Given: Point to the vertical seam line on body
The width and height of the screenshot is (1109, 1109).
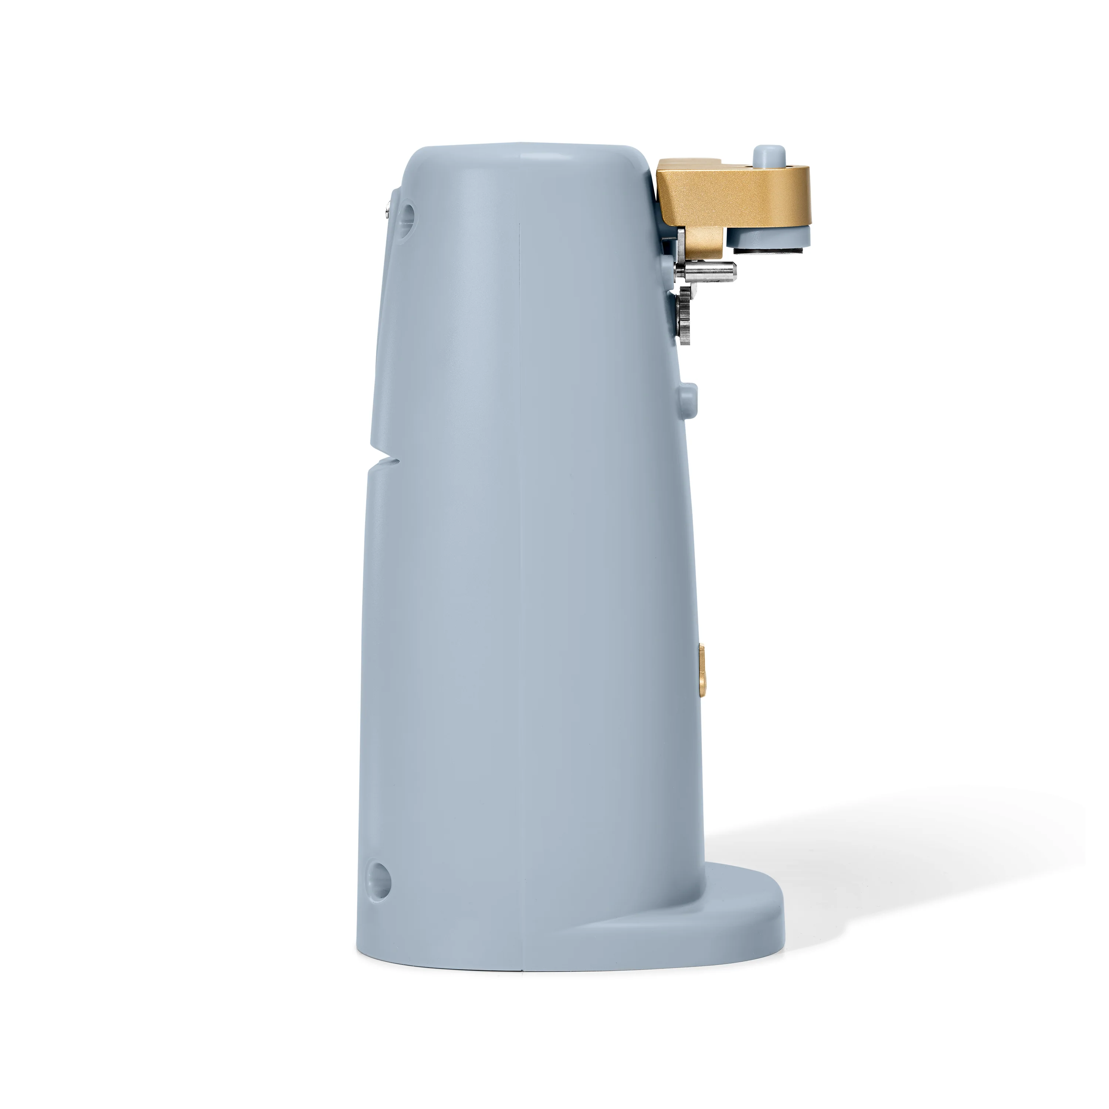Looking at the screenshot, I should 520,574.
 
